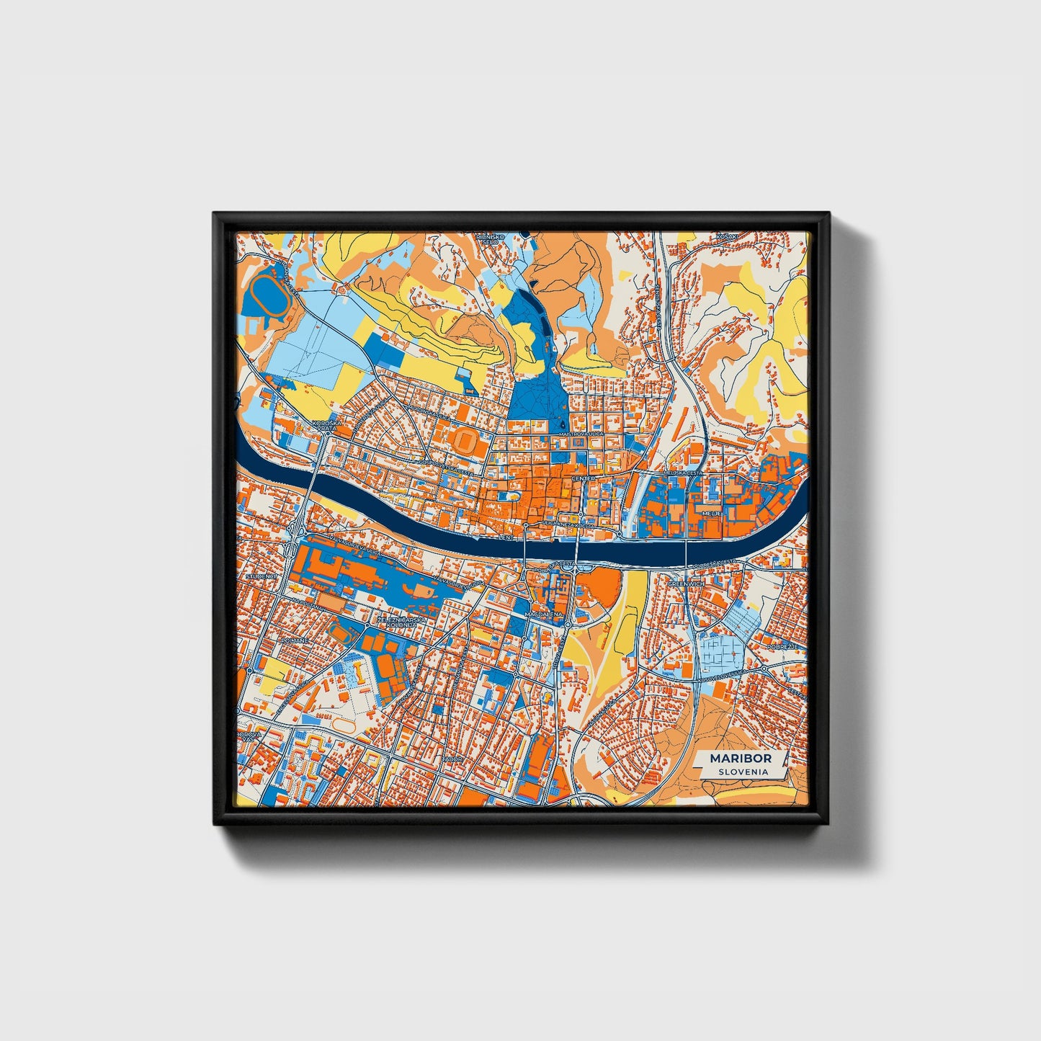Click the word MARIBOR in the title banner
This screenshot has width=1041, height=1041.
click(x=741, y=758)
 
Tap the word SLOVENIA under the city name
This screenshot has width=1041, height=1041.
click(x=742, y=771)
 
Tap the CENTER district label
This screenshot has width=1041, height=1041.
click(x=583, y=478)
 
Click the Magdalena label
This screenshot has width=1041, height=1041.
click(x=545, y=614)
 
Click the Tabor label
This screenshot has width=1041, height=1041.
click(x=452, y=759)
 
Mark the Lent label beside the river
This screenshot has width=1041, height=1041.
click(x=507, y=537)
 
